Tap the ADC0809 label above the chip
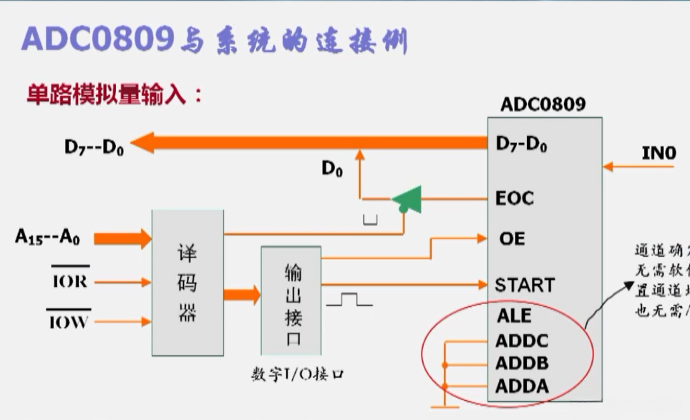(543, 104)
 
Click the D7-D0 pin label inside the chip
(521, 144)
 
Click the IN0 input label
(659, 152)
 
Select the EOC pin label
(515, 198)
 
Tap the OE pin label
(510, 238)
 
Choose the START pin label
(525, 285)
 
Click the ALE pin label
(514, 316)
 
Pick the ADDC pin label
(523, 341)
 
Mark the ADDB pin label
(523, 363)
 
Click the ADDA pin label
(523, 386)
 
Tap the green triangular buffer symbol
(407, 200)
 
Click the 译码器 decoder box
(188, 283)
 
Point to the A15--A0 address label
(47, 237)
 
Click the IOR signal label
(69, 281)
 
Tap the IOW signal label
(69, 322)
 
